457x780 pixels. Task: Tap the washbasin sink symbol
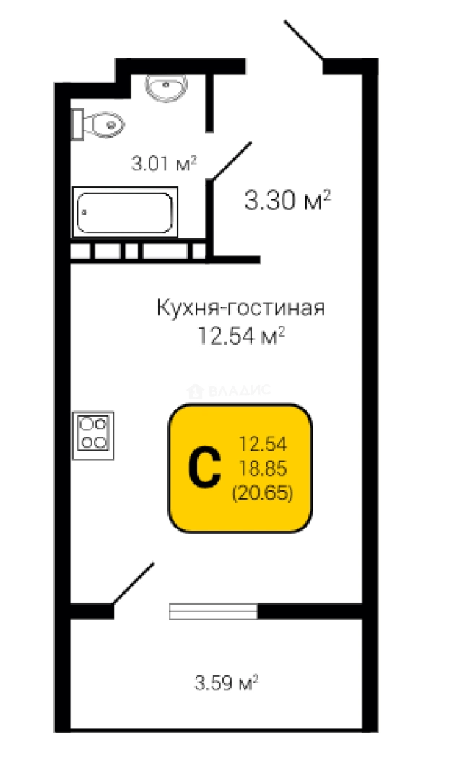pyautogui.click(x=166, y=85)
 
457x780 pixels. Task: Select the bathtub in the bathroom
pyautogui.click(x=126, y=212)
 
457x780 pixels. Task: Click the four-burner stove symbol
pyautogui.click(x=93, y=435)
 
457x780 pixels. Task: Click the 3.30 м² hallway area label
pyautogui.click(x=287, y=200)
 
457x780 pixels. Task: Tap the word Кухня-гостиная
pyautogui.click(x=241, y=308)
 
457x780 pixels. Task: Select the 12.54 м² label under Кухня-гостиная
pyautogui.click(x=241, y=336)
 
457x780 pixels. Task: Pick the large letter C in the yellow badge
pyautogui.click(x=204, y=469)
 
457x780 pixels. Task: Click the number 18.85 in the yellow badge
pyautogui.click(x=263, y=468)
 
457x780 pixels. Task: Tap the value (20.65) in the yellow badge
pyautogui.click(x=262, y=493)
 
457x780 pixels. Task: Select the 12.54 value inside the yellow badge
pyautogui.click(x=263, y=443)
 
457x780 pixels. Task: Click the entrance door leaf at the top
pyautogui.click(x=304, y=40)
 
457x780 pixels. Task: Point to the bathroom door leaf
pyautogui.click(x=231, y=160)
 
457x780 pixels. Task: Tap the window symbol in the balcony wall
pyautogui.click(x=213, y=612)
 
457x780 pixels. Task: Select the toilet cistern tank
pyautogui.click(x=77, y=123)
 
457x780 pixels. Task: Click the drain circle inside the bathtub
pyautogui.click(x=84, y=212)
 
